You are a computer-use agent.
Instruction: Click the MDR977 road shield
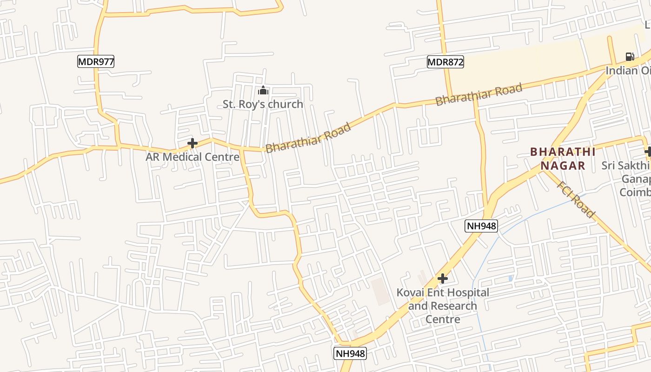pyautogui.click(x=96, y=61)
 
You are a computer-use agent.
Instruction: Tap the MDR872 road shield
pyautogui.click(x=445, y=61)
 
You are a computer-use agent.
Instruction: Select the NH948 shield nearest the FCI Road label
pyautogui.click(x=481, y=226)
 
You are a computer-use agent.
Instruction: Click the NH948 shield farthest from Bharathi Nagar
pyautogui.click(x=350, y=353)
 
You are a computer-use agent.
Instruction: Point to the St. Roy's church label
pyautogui.click(x=263, y=104)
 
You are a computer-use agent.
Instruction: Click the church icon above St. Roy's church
pyautogui.click(x=263, y=90)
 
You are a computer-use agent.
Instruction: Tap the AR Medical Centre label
pyautogui.click(x=193, y=157)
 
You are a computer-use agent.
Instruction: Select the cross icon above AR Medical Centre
pyautogui.click(x=192, y=143)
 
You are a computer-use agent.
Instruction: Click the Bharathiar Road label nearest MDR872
pyautogui.click(x=478, y=94)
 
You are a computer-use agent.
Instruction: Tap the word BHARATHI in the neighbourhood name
pyautogui.click(x=563, y=152)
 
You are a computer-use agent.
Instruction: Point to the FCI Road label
pyautogui.click(x=576, y=199)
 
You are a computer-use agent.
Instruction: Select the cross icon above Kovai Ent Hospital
pyautogui.click(x=443, y=279)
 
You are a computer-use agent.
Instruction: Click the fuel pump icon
pyautogui.click(x=630, y=57)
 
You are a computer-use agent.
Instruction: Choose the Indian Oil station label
pyautogui.click(x=628, y=71)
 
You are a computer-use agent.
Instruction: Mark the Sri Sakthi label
pyautogui.click(x=625, y=166)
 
